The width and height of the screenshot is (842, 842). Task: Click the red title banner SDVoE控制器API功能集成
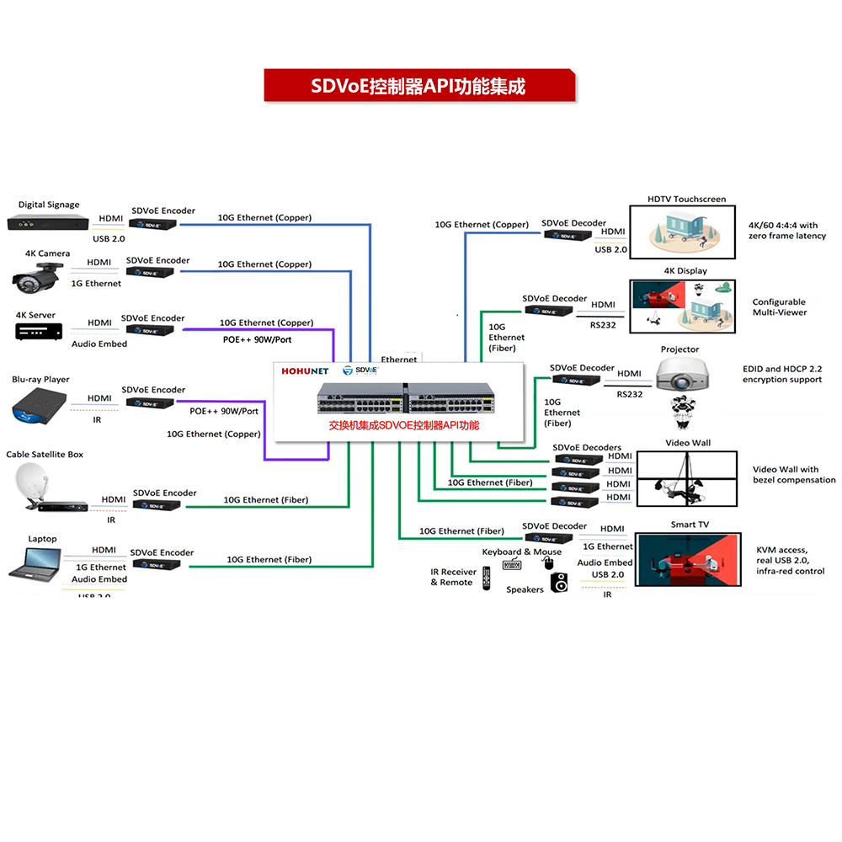click(x=418, y=86)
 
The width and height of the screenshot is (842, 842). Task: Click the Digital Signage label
click(x=49, y=205)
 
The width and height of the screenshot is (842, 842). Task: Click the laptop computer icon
click(x=35, y=563)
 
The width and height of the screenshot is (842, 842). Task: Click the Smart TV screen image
click(x=687, y=559)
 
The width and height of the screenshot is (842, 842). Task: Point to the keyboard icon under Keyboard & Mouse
click(x=512, y=565)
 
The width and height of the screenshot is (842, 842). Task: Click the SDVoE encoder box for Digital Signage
click(x=152, y=224)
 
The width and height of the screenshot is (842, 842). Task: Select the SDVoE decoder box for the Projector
click(x=577, y=381)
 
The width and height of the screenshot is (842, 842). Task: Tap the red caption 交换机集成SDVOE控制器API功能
click(x=403, y=426)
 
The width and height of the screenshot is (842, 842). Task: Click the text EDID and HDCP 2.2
click(x=781, y=369)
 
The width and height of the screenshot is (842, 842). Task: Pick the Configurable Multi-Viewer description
click(x=779, y=307)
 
